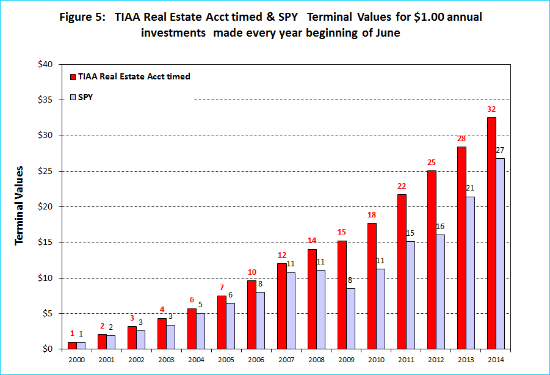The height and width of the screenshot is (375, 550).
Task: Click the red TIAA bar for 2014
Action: (491, 233)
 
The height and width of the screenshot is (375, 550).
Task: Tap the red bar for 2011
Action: (402, 271)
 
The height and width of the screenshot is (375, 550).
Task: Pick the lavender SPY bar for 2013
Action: (470, 272)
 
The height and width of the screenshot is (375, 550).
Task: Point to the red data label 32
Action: (491, 109)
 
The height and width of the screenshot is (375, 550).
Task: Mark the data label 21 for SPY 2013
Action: (471, 188)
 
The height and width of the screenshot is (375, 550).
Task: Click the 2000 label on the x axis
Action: (76, 361)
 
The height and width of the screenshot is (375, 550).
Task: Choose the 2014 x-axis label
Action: (496, 361)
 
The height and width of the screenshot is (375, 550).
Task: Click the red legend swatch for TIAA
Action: (73, 77)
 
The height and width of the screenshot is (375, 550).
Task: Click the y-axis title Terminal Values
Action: (20, 205)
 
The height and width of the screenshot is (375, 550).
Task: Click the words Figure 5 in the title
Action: (82, 17)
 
